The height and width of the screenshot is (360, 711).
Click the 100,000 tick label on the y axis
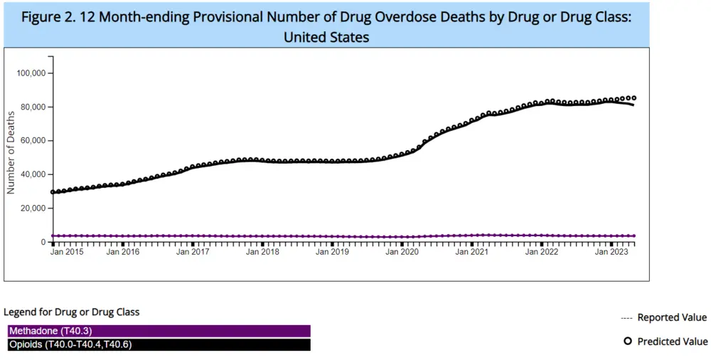(x=31, y=73)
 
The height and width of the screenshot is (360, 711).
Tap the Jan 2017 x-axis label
(x=193, y=251)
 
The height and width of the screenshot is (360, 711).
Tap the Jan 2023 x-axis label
(x=611, y=251)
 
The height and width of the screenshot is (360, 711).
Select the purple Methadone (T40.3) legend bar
(x=159, y=331)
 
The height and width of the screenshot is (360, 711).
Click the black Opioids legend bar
(x=159, y=345)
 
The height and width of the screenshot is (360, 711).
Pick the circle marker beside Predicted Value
(x=628, y=342)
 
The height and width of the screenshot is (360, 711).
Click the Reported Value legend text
(x=672, y=317)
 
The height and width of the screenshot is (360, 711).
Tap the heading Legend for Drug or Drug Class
(x=72, y=312)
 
